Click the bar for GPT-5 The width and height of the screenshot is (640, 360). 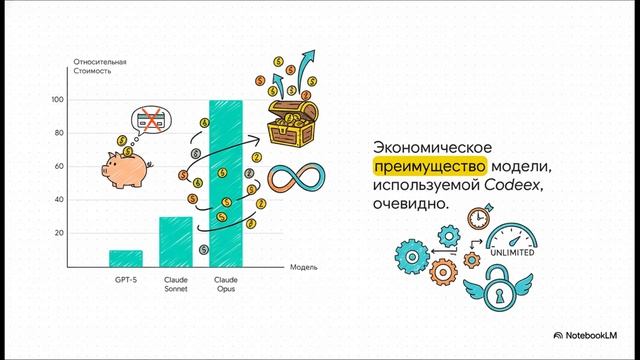tap(125, 258)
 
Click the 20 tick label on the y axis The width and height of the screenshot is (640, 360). tap(58, 233)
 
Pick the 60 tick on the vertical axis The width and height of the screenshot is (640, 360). tap(58, 166)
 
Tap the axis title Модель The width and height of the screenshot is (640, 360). tap(304, 268)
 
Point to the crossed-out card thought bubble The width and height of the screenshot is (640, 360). tap(153, 121)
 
